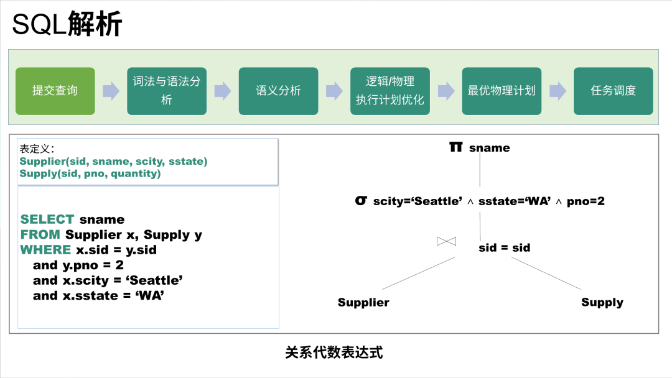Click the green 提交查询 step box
click(55, 91)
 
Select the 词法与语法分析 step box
click(167, 91)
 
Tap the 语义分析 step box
click(278, 91)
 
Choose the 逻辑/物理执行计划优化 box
click(390, 91)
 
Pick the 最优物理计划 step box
click(502, 91)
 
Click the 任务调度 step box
click(613, 91)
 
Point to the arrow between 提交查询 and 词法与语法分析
click(111, 91)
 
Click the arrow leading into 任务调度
click(558, 91)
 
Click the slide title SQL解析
click(67, 25)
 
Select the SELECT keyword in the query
click(47, 219)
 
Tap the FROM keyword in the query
click(40, 235)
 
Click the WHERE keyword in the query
click(45, 250)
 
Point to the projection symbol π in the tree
click(456, 147)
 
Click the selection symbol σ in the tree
click(360, 201)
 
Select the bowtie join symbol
click(447, 241)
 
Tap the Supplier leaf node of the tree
click(363, 303)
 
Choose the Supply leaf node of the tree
click(602, 303)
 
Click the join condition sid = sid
click(504, 247)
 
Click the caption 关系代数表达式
click(334, 353)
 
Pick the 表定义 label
click(37, 149)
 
